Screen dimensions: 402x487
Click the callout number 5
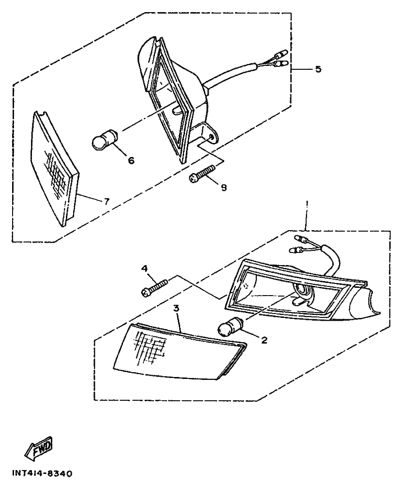(x=318, y=69)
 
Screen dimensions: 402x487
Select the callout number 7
(x=107, y=201)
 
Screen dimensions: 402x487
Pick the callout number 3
(x=177, y=308)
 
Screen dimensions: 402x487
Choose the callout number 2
(x=264, y=340)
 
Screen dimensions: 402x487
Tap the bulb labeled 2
(x=230, y=328)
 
